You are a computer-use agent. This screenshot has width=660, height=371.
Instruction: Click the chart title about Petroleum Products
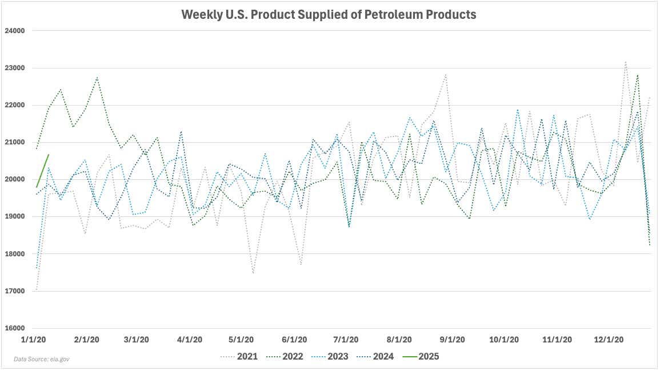coord(329,15)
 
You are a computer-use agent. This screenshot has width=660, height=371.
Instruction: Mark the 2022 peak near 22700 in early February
coord(97,78)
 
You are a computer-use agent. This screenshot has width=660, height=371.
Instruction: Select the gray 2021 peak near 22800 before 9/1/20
coord(446,74)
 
